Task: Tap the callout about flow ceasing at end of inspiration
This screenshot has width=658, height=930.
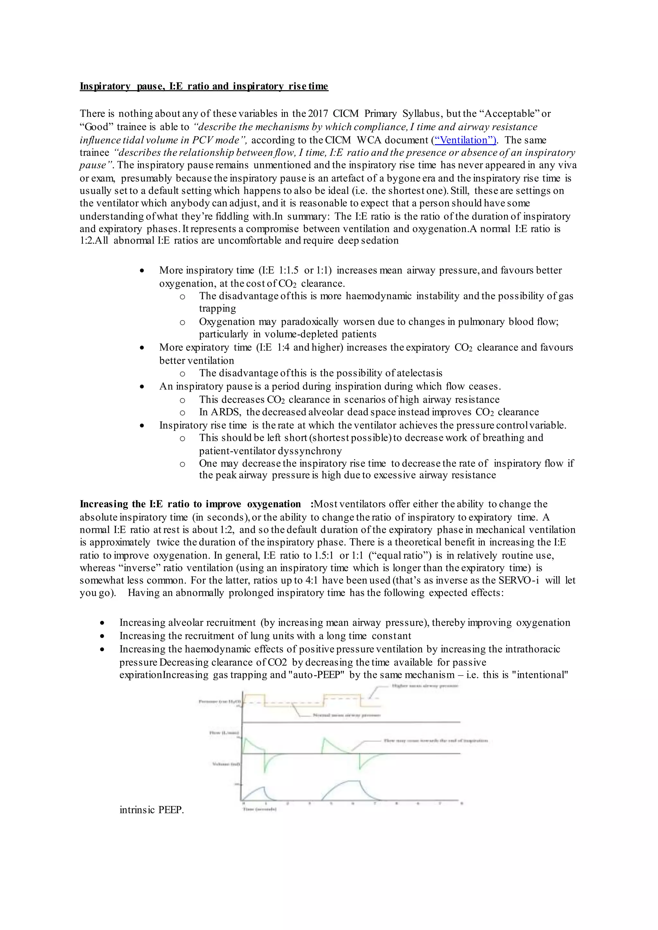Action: click(x=436, y=741)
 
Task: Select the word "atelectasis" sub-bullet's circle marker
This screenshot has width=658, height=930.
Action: click(x=182, y=374)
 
